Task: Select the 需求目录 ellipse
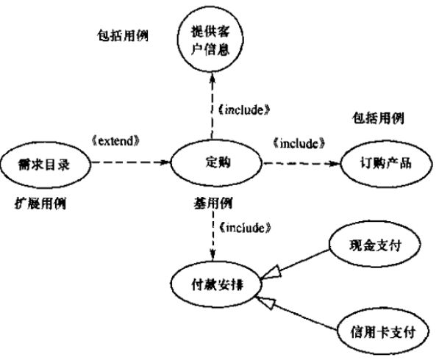click(46, 165)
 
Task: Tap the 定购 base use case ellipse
click(216, 162)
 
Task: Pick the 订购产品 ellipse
click(386, 163)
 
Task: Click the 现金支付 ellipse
click(374, 245)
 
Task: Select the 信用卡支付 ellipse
click(382, 332)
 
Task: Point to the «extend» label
click(115, 141)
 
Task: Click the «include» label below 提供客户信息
click(244, 110)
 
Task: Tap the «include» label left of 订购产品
click(299, 143)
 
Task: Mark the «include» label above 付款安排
click(244, 228)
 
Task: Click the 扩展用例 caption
click(40, 204)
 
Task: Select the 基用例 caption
click(213, 204)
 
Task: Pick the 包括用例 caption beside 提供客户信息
click(123, 35)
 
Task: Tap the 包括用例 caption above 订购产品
click(378, 118)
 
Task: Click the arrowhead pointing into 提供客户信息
click(213, 77)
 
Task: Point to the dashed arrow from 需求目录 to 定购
click(131, 162)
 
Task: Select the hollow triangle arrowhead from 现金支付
click(271, 272)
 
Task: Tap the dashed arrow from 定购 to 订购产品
click(301, 163)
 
